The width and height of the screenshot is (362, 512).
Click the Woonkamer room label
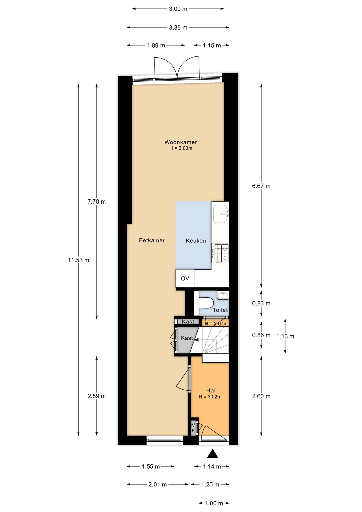180,142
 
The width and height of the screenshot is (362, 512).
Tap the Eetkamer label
152,241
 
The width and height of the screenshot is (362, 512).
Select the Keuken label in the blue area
196,241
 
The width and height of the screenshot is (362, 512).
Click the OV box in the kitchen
185,279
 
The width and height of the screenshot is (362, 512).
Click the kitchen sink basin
221,214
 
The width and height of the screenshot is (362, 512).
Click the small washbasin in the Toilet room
223,295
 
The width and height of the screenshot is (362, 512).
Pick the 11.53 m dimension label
78,260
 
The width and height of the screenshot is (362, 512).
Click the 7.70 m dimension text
96,202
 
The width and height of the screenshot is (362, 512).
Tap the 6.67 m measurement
261,186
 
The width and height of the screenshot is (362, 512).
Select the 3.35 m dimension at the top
178,27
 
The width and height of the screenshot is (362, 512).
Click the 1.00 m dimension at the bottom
214,503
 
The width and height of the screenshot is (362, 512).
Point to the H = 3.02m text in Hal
210,397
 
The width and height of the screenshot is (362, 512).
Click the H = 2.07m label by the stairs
216,324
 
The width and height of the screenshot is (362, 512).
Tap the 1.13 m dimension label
285,337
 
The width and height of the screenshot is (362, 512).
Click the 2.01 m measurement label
158,485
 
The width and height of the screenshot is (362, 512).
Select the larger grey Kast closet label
187,338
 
